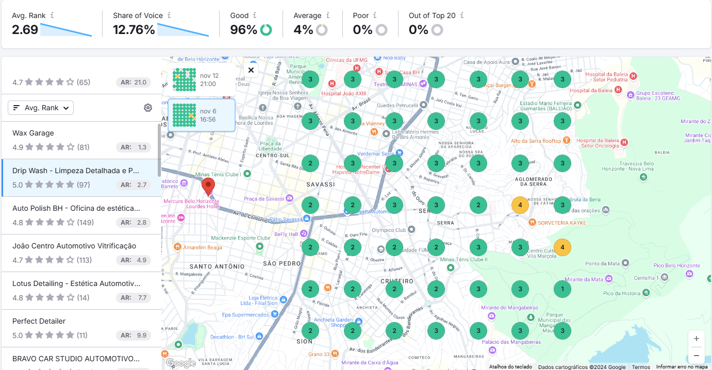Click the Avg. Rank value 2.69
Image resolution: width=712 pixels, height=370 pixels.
click(x=25, y=30)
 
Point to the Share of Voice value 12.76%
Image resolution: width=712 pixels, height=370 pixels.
click(x=134, y=30)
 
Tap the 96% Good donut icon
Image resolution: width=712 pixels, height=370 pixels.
click(x=266, y=30)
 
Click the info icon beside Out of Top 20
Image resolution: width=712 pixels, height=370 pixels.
click(x=462, y=15)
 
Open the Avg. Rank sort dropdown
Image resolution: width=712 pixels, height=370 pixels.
click(x=41, y=108)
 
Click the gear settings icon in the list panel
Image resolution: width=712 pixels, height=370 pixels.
click(x=148, y=108)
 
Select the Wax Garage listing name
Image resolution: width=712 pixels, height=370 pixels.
click(x=33, y=133)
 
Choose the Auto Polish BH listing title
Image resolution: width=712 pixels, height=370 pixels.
click(x=76, y=208)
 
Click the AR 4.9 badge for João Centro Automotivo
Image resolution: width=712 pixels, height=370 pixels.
click(x=134, y=260)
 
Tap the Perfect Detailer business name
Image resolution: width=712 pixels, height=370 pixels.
click(x=39, y=321)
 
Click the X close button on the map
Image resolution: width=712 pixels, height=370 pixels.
click(x=251, y=70)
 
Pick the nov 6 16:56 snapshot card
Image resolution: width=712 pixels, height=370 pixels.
click(x=202, y=115)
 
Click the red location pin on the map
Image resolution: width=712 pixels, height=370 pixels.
click(x=208, y=186)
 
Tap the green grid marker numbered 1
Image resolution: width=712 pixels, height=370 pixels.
click(x=562, y=289)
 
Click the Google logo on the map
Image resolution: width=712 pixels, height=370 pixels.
click(x=180, y=363)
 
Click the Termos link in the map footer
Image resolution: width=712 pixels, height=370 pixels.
click(x=641, y=367)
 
